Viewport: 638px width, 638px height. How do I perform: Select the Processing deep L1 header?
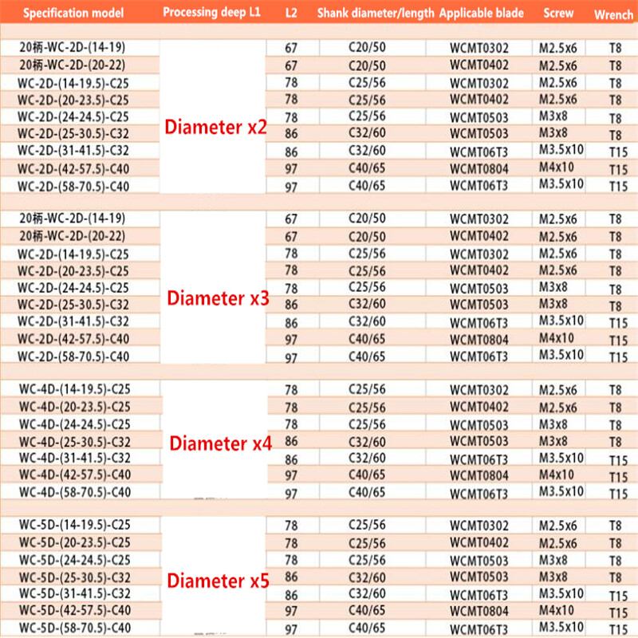pyautogui.click(x=212, y=13)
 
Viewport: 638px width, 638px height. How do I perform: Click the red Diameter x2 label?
pyautogui.click(x=216, y=128)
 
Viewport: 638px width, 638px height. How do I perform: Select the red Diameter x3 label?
pyautogui.click(x=218, y=299)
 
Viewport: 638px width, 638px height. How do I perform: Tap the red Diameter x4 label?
pyautogui.click(x=221, y=444)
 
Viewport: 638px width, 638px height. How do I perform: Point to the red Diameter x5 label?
pyautogui.click(x=218, y=581)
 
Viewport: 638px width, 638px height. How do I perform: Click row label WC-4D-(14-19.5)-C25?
pyautogui.click(x=74, y=390)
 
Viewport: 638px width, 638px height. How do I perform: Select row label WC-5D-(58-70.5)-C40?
pyautogui.click(x=74, y=628)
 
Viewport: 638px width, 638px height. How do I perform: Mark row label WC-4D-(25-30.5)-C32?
pyautogui.click(x=74, y=441)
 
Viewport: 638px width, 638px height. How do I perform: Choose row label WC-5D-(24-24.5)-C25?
pyautogui.click(x=74, y=560)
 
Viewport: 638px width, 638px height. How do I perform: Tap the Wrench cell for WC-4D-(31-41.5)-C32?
pyautogui.click(x=615, y=460)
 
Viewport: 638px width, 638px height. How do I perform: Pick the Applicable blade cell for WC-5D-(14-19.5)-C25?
pyautogui.click(x=478, y=526)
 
